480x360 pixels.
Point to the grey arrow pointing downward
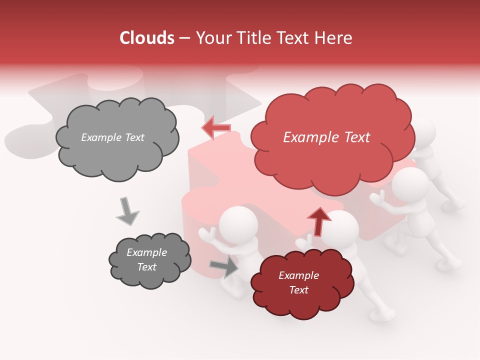click(x=127, y=210)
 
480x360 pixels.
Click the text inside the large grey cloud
click(x=112, y=137)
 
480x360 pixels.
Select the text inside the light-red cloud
click(x=326, y=137)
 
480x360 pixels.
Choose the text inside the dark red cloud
click(x=298, y=282)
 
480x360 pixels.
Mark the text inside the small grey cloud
click(x=146, y=259)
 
